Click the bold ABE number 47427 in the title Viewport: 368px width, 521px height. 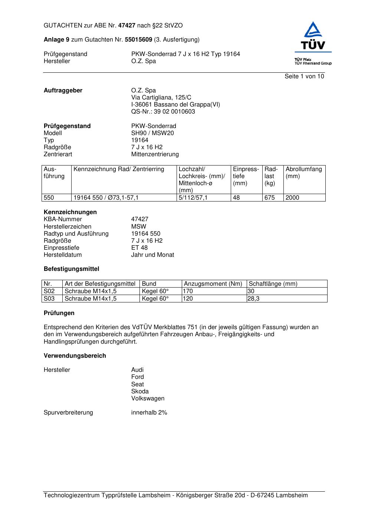127,26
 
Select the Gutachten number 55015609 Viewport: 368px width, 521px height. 138,39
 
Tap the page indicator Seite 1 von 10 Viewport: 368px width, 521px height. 304,76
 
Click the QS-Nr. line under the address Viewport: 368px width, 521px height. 163,112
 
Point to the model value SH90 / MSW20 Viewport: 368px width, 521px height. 152,133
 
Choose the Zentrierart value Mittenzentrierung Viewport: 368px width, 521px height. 155,154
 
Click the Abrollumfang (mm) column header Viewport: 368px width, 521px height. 303,173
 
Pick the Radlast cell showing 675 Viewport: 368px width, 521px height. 270,198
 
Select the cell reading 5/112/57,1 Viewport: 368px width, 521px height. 193,198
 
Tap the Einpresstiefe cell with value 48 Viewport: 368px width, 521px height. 236,198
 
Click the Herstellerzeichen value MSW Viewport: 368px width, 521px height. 138,226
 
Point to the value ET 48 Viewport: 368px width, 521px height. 139,248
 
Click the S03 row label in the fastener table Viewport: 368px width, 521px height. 49,298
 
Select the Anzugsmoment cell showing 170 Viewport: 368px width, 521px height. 188,291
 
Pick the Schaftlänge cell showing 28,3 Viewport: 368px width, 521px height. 253,298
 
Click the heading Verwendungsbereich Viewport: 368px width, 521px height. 75,355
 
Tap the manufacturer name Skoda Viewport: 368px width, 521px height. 139,391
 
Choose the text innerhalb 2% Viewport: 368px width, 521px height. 149,412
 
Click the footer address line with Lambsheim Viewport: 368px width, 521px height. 175,495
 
